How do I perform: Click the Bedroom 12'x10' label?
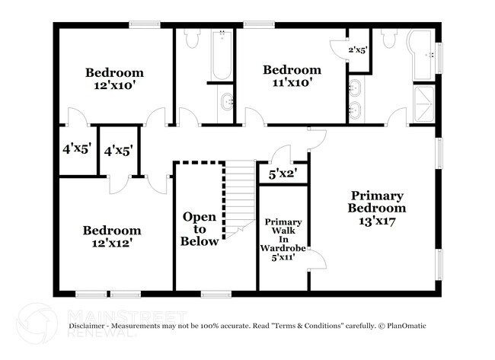(114, 79)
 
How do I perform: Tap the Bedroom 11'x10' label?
(292, 76)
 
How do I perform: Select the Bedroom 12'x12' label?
(112, 237)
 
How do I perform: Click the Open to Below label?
(200, 229)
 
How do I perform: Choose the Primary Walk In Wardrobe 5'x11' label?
(283, 240)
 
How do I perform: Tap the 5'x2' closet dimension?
(283, 174)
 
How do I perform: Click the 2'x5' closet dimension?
(358, 50)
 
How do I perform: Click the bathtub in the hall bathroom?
(222, 55)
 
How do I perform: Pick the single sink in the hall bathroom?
(225, 101)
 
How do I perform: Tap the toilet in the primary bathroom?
(389, 38)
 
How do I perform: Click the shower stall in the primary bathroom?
(424, 104)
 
